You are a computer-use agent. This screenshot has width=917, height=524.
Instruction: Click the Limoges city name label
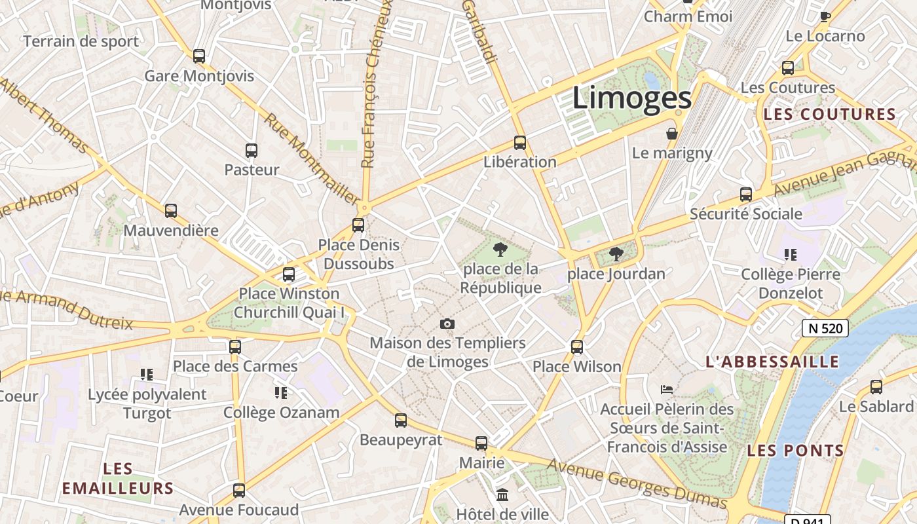tap(632, 98)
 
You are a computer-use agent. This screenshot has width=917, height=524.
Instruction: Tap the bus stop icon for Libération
tap(520, 142)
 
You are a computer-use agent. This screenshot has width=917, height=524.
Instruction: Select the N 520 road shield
tap(825, 328)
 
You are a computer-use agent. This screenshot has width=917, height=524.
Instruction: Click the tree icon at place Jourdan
tap(615, 253)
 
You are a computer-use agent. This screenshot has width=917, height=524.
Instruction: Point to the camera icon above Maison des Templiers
tap(447, 324)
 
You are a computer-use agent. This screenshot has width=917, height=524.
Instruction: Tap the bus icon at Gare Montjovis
tap(199, 56)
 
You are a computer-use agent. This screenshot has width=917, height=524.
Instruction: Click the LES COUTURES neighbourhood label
tap(829, 114)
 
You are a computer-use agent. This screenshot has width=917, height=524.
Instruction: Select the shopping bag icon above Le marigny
tap(672, 134)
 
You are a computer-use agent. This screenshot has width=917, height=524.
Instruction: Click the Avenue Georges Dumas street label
tap(637, 483)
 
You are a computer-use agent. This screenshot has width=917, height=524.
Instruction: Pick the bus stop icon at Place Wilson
tap(577, 346)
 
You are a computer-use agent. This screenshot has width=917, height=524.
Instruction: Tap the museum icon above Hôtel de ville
tap(502, 495)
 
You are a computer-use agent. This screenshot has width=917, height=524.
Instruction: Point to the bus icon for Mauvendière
tap(171, 211)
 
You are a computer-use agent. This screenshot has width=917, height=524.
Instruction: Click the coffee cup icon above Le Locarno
tap(825, 16)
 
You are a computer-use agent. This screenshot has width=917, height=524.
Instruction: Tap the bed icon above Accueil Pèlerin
tap(667, 389)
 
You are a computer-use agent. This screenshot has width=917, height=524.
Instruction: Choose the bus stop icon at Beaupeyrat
tap(401, 421)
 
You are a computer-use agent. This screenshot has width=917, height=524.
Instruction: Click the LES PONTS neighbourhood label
tap(795, 450)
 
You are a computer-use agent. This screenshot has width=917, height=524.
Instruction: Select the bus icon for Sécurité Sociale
tap(746, 195)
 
